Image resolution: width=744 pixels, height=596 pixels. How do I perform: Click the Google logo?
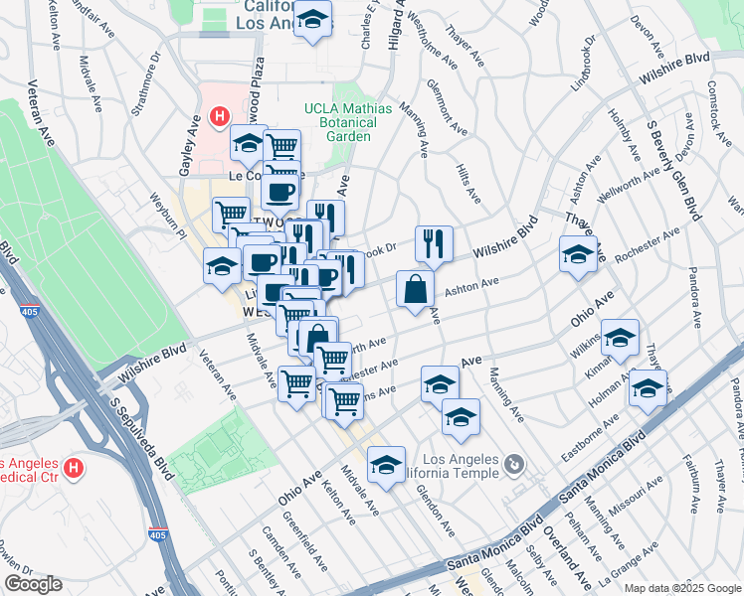34,584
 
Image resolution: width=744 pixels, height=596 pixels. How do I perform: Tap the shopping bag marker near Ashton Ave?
415,290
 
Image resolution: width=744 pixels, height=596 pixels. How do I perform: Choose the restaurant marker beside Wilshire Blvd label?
434,243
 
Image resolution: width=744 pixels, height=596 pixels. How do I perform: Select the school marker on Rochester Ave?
578,254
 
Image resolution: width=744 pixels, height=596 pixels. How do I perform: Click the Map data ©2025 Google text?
681,588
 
